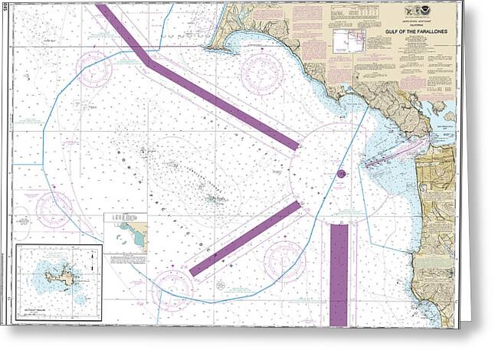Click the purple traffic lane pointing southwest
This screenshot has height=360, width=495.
point(244,239)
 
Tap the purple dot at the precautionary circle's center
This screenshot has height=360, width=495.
point(341,173)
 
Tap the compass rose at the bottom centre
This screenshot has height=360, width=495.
point(172,290)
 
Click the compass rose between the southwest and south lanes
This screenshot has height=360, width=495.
point(284,260)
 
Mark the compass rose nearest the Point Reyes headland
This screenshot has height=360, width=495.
point(262,72)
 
